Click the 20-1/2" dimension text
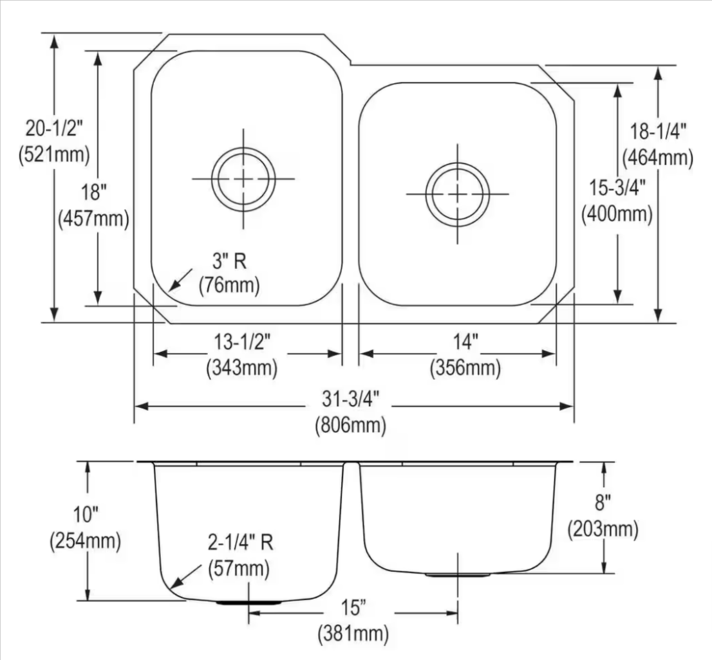(54, 128)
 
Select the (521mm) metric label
(54, 154)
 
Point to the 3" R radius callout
(229, 260)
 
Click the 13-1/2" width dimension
(242, 341)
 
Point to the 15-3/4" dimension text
(617, 187)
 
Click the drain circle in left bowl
(243, 178)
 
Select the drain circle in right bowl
(458, 194)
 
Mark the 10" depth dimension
(86, 514)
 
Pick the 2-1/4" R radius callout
(241, 543)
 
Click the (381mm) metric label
(353, 632)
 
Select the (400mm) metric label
(617, 214)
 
